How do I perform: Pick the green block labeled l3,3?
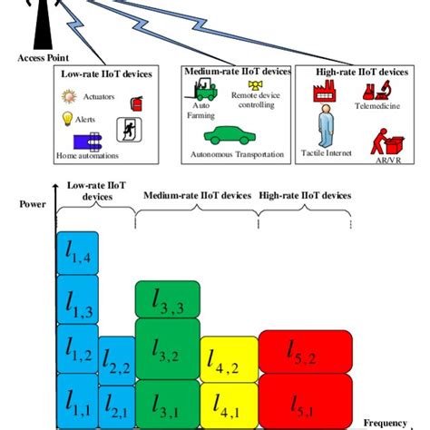167,299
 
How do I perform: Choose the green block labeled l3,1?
167,400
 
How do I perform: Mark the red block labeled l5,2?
303,350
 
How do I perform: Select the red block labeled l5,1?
303,400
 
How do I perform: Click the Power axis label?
32,205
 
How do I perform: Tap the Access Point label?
38,57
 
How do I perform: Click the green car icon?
225,137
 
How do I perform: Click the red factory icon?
325,92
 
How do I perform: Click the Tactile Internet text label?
326,154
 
